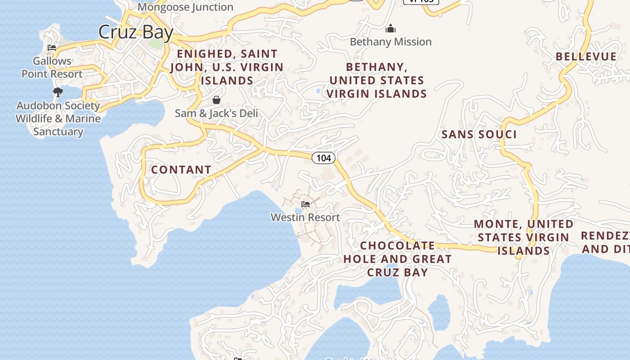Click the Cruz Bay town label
(x=135, y=32)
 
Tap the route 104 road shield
(x=323, y=157)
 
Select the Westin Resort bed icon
(x=306, y=205)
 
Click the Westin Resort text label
(x=305, y=217)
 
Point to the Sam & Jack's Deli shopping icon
(x=216, y=100)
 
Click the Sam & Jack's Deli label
(x=216, y=113)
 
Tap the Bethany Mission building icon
(x=390, y=29)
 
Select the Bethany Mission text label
(x=390, y=42)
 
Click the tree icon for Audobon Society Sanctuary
(x=58, y=92)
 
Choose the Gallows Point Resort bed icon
(x=52, y=48)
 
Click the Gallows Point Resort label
(x=52, y=67)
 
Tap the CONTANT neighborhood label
(x=181, y=170)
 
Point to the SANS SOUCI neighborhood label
(x=479, y=134)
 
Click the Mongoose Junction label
(x=185, y=7)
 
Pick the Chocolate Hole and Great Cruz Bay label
(x=397, y=259)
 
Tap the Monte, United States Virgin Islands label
(x=523, y=237)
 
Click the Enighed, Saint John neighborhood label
(x=227, y=67)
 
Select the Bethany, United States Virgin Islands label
(x=376, y=80)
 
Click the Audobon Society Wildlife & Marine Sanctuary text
(x=58, y=118)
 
